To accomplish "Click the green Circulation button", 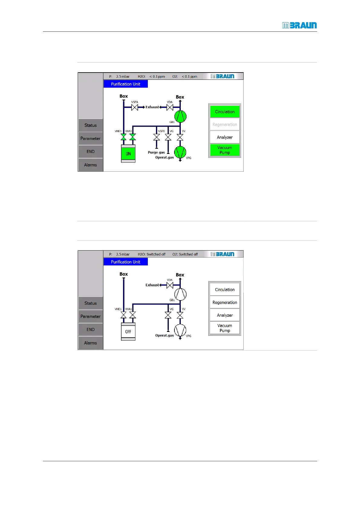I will click(x=225, y=112).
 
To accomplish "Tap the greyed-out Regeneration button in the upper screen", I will click(x=225, y=125).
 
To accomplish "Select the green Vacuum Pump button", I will click(x=225, y=150).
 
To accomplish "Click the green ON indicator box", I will click(x=128, y=154).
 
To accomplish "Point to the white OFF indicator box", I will click(x=128, y=332).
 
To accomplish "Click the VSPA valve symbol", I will click(x=135, y=107).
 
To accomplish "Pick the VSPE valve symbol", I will click(x=157, y=137).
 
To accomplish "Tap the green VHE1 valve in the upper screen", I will click(x=123, y=137).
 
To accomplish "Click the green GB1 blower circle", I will click(x=180, y=116).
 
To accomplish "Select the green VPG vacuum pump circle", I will click(x=180, y=152).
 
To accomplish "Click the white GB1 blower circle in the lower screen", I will click(x=180, y=294).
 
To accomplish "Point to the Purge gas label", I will click(x=156, y=152).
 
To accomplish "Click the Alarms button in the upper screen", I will click(x=90, y=165).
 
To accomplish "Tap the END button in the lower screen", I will click(x=90, y=329).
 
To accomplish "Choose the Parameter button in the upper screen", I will click(x=90, y=138).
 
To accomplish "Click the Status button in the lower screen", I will click(x=90, y=303).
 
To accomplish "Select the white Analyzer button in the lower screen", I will click(x=225, y=315).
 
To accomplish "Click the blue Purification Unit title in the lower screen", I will click(x=125, y=262).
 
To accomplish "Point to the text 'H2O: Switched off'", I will click(x=152, y=254).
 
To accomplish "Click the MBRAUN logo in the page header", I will click(x=299, y=25).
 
